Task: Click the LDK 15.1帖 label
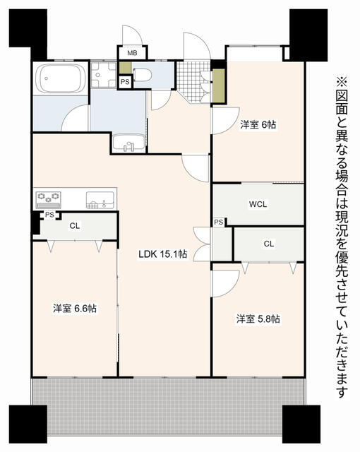162,254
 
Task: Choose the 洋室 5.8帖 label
258,319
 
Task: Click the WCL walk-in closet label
258,204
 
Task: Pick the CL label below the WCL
268,244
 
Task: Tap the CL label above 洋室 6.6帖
74,226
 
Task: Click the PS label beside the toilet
125,83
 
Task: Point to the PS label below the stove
49,215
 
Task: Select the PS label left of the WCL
219,223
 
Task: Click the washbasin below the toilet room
128,143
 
